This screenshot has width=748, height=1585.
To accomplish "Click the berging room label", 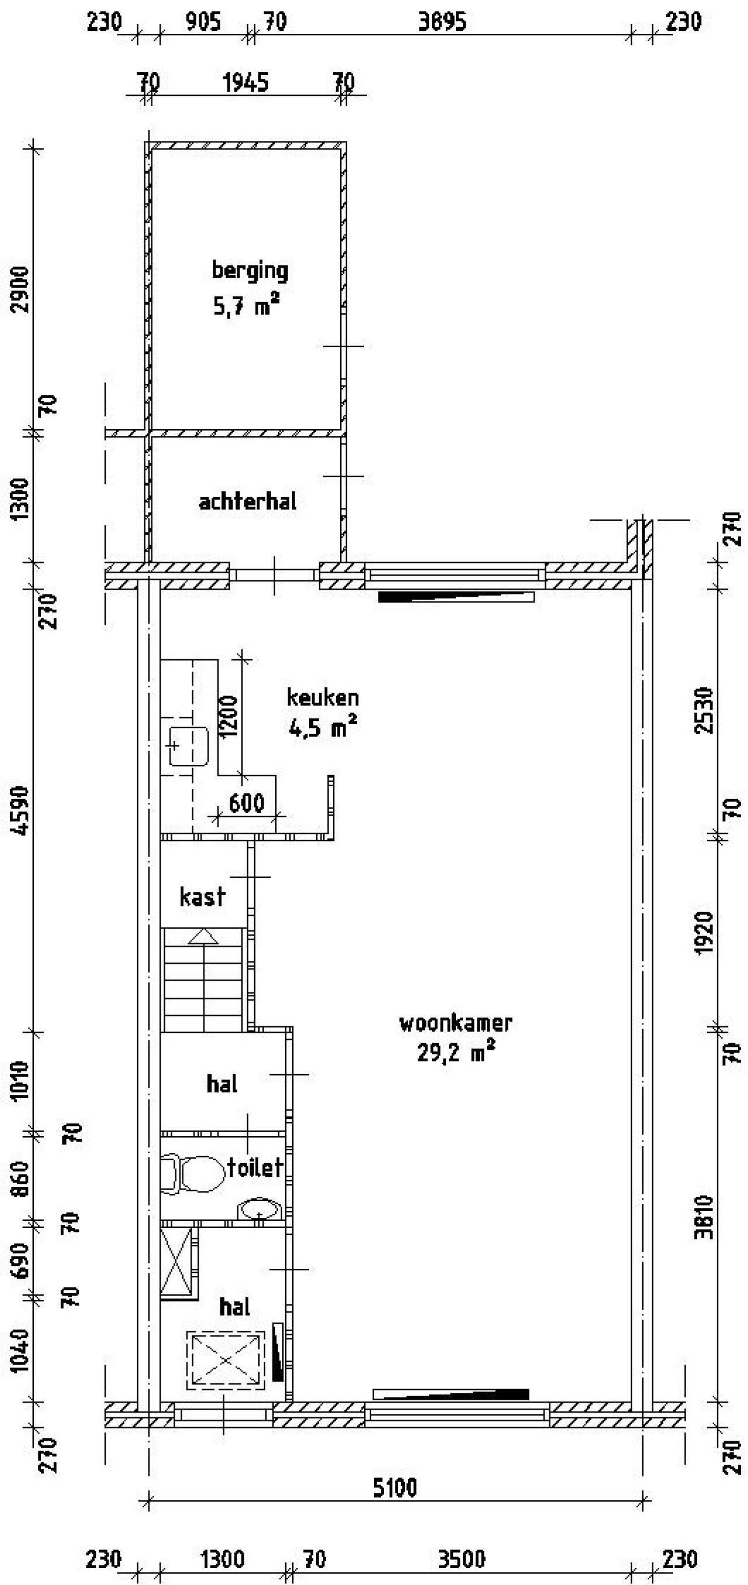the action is [x=250, y=271].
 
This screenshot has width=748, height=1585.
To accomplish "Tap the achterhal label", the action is [x=247, y=501].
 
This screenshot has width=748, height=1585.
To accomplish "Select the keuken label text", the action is [x=323, y=698].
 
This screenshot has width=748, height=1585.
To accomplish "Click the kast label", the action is [x=202, y=897].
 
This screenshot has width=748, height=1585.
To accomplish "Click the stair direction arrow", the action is [x=203, y=936].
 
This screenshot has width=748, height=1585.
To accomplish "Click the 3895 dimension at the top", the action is [x=442, y=22].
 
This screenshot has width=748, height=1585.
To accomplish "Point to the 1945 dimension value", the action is [x=246, y=82].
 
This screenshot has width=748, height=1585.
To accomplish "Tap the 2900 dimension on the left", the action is [x=22, y=290].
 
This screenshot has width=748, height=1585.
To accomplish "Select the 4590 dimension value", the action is [x=22, y=809].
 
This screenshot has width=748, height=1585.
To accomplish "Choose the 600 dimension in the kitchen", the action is [x=247, y=803].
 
